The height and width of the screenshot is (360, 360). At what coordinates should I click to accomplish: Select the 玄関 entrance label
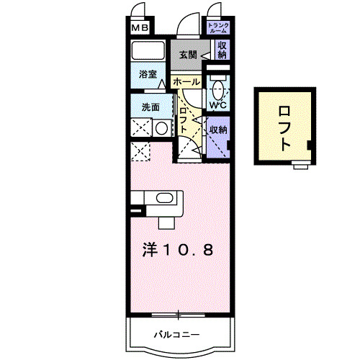(x=188, y=54)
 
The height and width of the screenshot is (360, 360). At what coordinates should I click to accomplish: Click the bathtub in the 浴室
(x=148, y=52)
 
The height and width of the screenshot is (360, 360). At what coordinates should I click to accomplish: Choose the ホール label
(x=186, y=82)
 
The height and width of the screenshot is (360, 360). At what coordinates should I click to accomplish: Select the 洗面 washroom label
(x=150, y=108)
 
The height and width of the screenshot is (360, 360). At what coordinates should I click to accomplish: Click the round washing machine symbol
(x=162, y=128)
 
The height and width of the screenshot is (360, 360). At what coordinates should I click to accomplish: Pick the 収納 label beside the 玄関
(x=222, y=50)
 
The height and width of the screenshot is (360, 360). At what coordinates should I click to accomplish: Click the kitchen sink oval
(x=165, y=199)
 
